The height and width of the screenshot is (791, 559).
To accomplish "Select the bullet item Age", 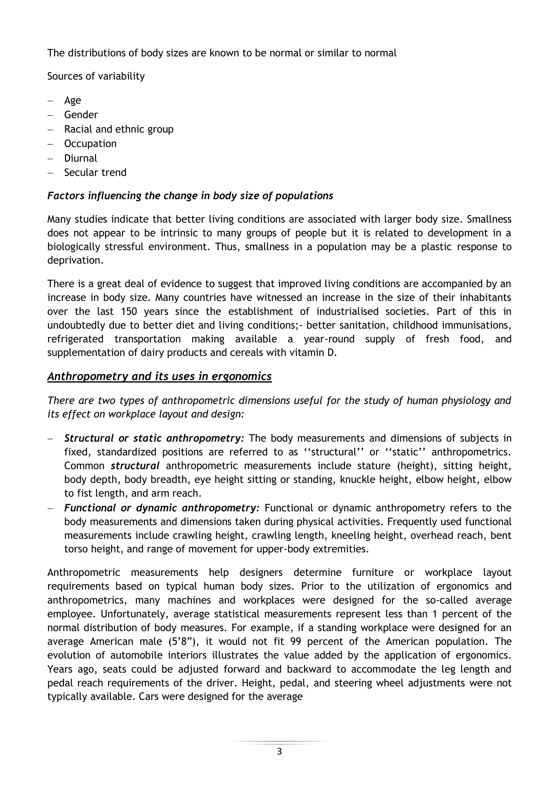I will click(72, 100).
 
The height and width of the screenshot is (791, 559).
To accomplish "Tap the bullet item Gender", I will click(81, 115).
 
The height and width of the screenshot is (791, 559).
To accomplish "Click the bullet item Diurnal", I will click(81, 158).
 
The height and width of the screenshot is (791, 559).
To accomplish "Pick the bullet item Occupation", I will click(90, 144).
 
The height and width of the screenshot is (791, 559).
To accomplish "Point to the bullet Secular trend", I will click(95, 172).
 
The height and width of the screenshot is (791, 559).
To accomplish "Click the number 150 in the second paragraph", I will click(129, 312).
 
